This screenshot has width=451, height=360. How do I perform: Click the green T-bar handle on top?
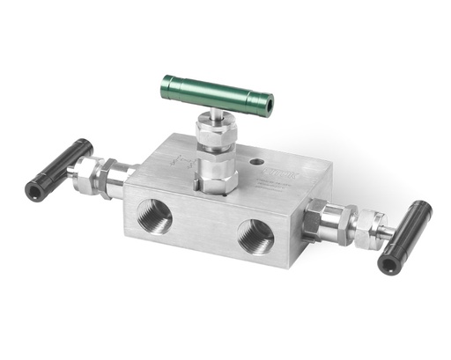coord(217,92)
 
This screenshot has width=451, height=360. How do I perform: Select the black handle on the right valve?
coord(406,235)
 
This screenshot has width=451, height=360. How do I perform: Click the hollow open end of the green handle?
coord(265,107)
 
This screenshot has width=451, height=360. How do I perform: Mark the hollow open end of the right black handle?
coord(388,262)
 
